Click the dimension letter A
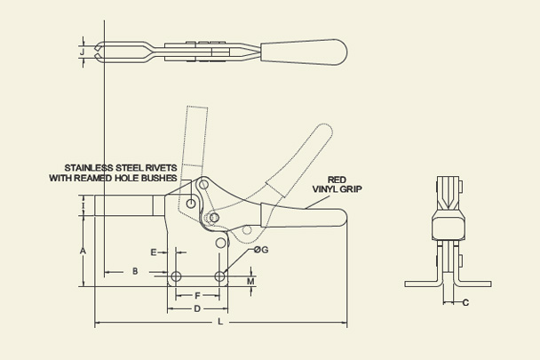tap(83, 252)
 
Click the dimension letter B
tap(135, 269)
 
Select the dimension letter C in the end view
tap(466, 303)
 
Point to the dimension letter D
tap(196, 308)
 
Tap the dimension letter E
tap(154, 252)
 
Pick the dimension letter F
tap(196, 294)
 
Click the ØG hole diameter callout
tap(260, 250)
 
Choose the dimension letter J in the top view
tap(83, 52)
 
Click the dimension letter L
tap(220, 322)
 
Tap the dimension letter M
tap(250, 282)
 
